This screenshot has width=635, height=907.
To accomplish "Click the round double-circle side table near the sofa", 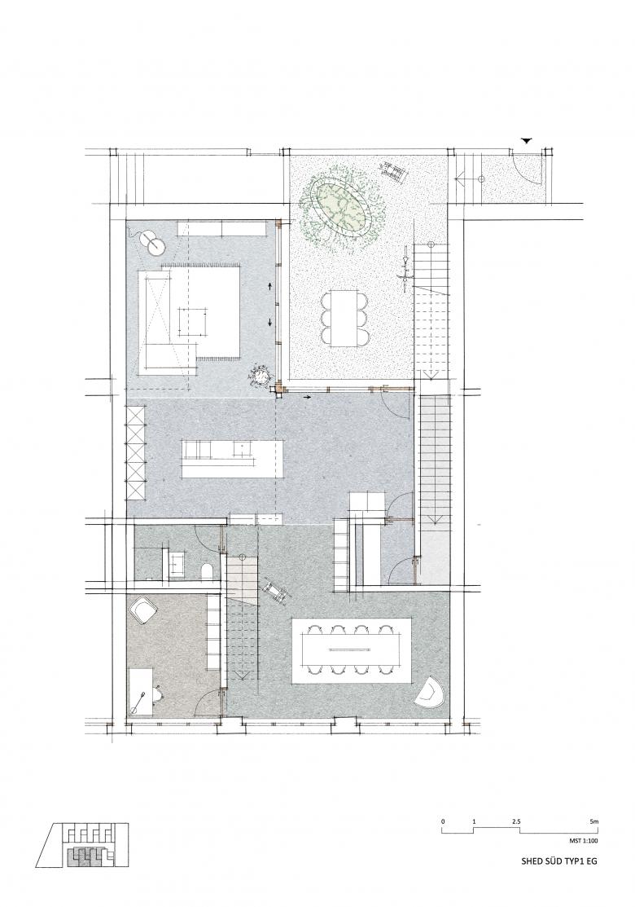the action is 152,243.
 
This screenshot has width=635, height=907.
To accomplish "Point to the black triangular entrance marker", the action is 527,140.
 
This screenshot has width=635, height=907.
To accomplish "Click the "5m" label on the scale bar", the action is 594,821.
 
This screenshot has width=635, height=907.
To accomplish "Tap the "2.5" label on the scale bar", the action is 516,821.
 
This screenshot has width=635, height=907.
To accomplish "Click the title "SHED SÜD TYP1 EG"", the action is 559,861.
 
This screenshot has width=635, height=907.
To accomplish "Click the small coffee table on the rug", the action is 193,321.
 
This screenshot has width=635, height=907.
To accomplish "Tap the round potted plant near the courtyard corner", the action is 260,376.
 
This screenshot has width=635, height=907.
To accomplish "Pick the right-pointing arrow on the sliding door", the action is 307,397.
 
